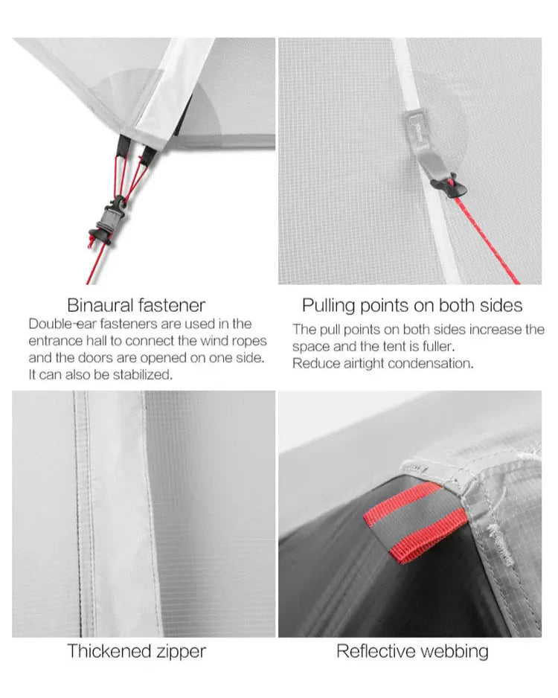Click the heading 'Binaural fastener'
tap(136, 305)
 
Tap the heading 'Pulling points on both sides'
tap(411, 305)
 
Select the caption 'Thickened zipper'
tap(136, 651)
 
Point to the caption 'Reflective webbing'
tap(412, 651)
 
